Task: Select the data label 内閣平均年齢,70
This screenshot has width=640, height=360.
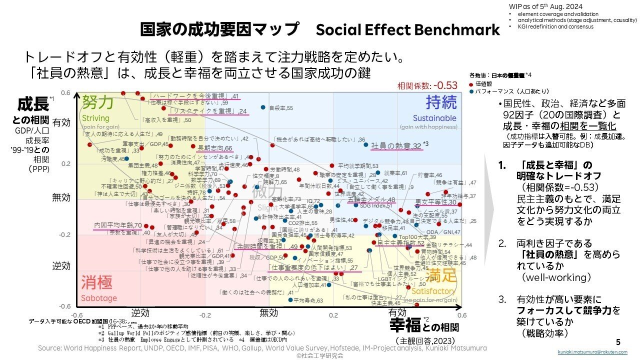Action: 118,225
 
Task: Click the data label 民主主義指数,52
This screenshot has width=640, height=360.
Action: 400,242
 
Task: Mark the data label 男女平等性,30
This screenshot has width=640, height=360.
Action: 436,202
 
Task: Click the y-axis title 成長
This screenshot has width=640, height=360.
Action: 33,105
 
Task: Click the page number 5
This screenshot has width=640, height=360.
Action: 618,342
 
